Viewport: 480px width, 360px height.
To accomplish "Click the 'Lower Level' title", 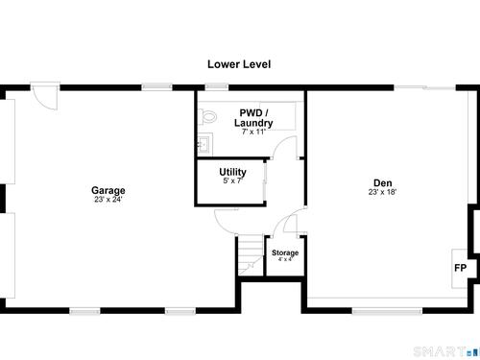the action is click(x=239, y=64).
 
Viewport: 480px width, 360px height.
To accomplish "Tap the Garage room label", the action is click(x=108, y=190).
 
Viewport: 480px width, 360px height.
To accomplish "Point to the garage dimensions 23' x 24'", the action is click(x=108, y=200).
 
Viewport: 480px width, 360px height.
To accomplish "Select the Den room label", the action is click(x=383, y=182).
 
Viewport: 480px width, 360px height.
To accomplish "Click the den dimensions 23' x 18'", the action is click(x=382, y=192).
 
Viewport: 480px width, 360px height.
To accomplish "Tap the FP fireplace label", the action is click(x=461, y=268).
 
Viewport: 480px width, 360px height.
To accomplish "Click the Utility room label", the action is click(x=232, y=172).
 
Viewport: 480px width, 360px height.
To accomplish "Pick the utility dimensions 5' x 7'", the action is click(x=232, y=180).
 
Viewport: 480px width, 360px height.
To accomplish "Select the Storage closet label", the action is click(x=285, y=252).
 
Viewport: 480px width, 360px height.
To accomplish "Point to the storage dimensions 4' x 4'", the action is click(x=285, y=259).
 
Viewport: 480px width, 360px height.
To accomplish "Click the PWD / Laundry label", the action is click(x=253, y=118).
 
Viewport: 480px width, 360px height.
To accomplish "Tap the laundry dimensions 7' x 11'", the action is click(x=253, y=132).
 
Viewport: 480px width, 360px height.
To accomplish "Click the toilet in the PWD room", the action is click(x=207, y=116).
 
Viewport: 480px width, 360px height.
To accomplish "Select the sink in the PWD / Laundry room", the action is click(x=204, y=145).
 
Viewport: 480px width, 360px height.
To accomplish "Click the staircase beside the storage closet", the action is click(x=251, y=255).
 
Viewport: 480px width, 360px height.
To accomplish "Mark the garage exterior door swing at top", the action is click(x=45, y=97).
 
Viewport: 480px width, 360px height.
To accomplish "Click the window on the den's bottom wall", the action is click(x=387, y=311).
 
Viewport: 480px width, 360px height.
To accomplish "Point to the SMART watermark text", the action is click(x=440, y=351).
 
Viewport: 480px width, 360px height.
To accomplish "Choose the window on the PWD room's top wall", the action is click(x=217, y=86).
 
